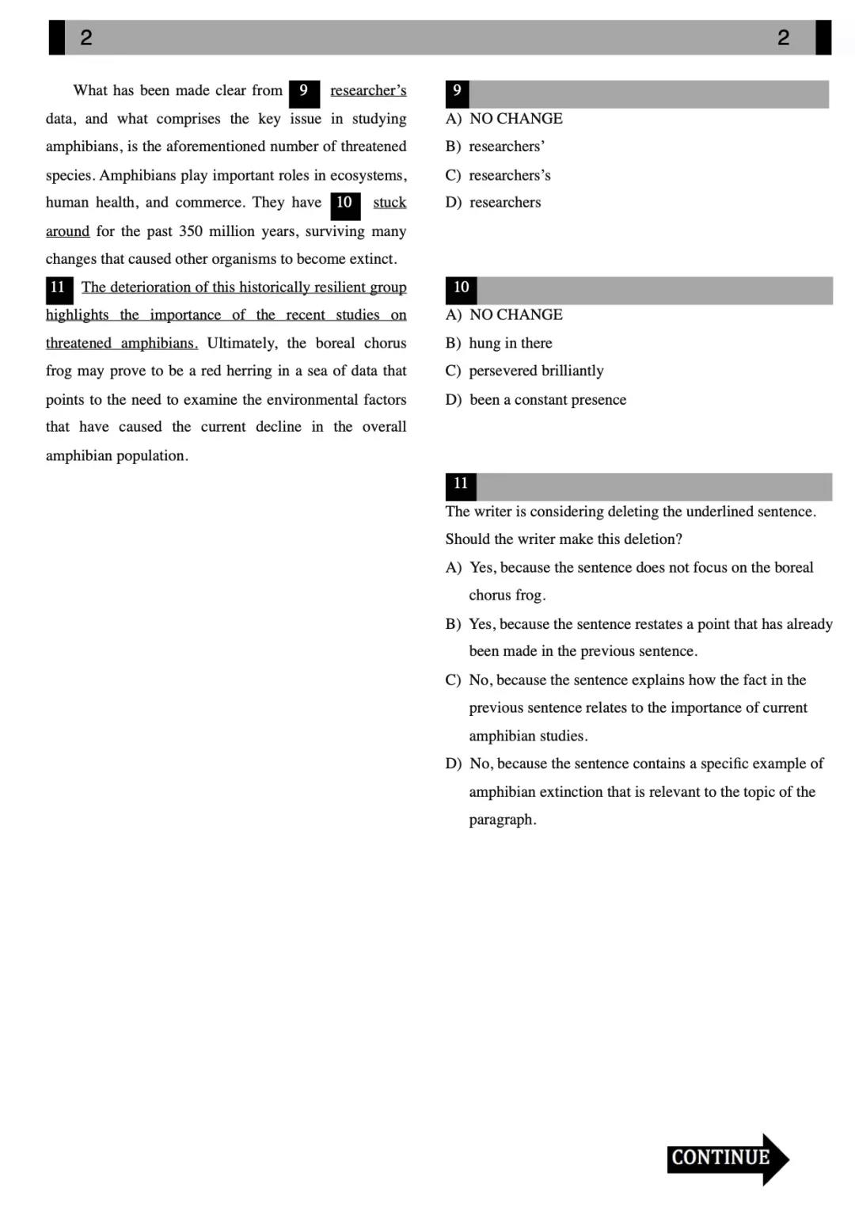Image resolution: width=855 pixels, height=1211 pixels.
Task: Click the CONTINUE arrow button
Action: pos(727,1158)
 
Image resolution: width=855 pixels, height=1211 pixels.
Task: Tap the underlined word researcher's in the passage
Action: pos(368,90)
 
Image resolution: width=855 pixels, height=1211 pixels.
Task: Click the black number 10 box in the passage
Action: pos(344,204)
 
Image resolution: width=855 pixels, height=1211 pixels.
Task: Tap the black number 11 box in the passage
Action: pos(59,288)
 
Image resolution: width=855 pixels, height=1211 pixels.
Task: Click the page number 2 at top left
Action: pos(86,37)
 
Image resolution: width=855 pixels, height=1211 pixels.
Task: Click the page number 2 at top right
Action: pos(783,37)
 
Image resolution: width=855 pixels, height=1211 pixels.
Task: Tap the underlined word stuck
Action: pos(389,203)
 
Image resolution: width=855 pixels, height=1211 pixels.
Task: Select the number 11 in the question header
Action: pos(461,484)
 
